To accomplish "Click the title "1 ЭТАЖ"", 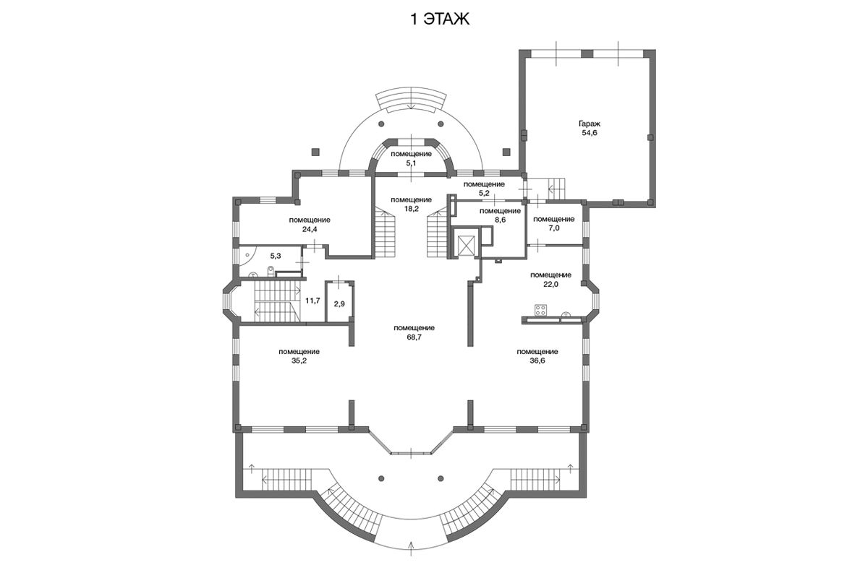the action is pyautogui.click(x=440, y=19).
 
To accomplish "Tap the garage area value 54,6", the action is pyautogui.click(x=590, y=133).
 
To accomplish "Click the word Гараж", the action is pyautogui.click(x=590, y=124).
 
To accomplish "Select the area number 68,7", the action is pyautogui.click(x=414, y=337).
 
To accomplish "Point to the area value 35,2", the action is pyautogui.click(x=299, y=361).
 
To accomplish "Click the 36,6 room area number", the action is pyautogui.click(x=537, y=361).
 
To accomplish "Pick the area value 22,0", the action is pyautogui.click(x=550, y=284).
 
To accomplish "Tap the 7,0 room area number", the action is pyautogui.click(x=554, y=228).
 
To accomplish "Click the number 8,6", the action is pyautogui.click(x=500, y=220).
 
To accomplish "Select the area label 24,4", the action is pyautogui.click(x=310, y=229).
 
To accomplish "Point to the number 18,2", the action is pyautogui.click(x=411, y=209).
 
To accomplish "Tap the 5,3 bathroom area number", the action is pyautogui.click(x=276, y=256).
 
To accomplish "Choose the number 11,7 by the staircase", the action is pyautogui.click(x=312, y=301).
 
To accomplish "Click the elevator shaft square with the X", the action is pyautogui.click(x=465, y=245).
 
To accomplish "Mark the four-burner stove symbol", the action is pyautogui.click(x=541, y=310).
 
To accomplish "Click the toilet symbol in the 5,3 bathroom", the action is pyautogui.click(x=270, y=271).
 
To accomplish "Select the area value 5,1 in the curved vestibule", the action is pyautogui.click(x=411, y=163).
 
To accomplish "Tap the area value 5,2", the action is pyautogui.click(x=484, y=194).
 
